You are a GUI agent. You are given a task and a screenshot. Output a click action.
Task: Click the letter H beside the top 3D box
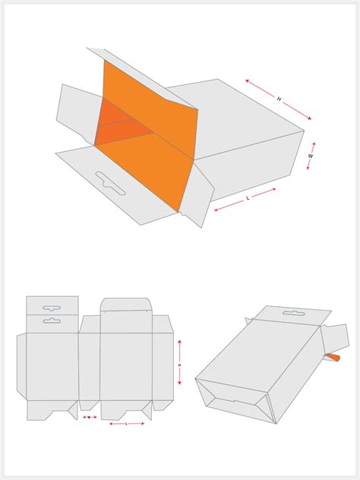click(x=279, y=99)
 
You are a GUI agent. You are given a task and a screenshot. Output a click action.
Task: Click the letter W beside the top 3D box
click(x=311, y=156)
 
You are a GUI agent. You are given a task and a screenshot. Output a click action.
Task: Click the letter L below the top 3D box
click(x=247, y=198)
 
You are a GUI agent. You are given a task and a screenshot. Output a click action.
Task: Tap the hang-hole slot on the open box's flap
click(x=111, y=182)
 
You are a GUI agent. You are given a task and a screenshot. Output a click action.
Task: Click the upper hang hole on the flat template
click(x=52, y=308)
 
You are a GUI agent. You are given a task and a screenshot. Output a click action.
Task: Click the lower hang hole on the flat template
click(x=52, y=321)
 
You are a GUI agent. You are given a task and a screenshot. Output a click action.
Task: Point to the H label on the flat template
click(x=179, y=365)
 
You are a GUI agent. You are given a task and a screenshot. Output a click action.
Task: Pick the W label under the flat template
click(x=89, y=417)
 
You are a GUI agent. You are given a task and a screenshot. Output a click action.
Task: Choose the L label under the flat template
click(x=126, y=423)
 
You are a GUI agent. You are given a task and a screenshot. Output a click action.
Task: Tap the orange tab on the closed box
click(x=333, y=356)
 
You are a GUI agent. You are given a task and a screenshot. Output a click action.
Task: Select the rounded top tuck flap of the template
click(x=126, y=305)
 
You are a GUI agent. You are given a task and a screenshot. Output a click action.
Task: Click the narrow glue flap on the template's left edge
click(x=21, y=365)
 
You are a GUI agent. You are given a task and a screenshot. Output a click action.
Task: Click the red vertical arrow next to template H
click(x=180, y=363)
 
